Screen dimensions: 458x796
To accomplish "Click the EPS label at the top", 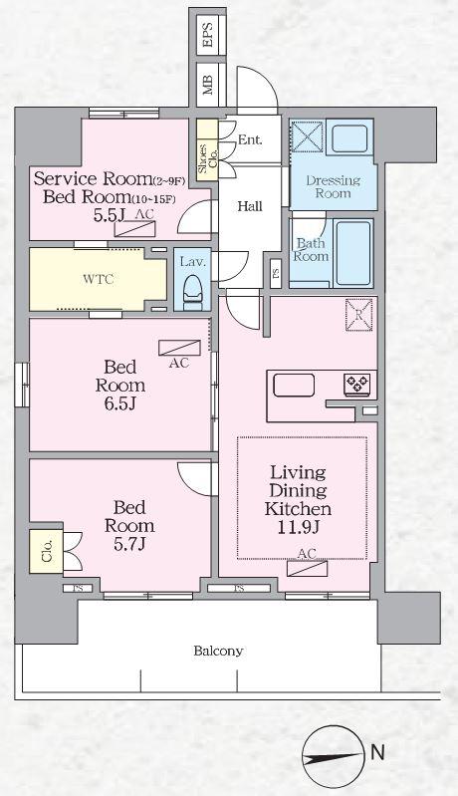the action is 207,35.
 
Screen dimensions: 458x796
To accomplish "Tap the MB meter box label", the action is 207,85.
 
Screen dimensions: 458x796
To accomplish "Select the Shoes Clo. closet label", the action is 207,159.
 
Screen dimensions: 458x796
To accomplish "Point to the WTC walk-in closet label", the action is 99,279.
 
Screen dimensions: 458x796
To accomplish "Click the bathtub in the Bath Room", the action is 353,253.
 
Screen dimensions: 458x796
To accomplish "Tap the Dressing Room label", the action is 334,186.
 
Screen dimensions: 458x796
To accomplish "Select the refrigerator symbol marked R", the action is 359,315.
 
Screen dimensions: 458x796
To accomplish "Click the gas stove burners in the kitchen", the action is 357,383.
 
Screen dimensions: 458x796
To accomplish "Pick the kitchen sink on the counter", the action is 294,385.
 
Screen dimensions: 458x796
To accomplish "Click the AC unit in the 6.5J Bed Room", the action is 179,348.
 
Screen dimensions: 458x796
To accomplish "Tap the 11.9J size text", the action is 298,528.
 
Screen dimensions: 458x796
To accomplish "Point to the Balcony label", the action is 219,651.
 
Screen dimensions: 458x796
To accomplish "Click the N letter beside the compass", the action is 377,752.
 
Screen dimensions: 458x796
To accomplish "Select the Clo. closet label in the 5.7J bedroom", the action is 47,551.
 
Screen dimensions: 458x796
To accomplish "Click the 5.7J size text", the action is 129,545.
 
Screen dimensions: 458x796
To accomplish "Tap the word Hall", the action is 250,206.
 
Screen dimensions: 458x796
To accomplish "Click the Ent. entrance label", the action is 250,139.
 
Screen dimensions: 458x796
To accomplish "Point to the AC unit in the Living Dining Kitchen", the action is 307,568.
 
